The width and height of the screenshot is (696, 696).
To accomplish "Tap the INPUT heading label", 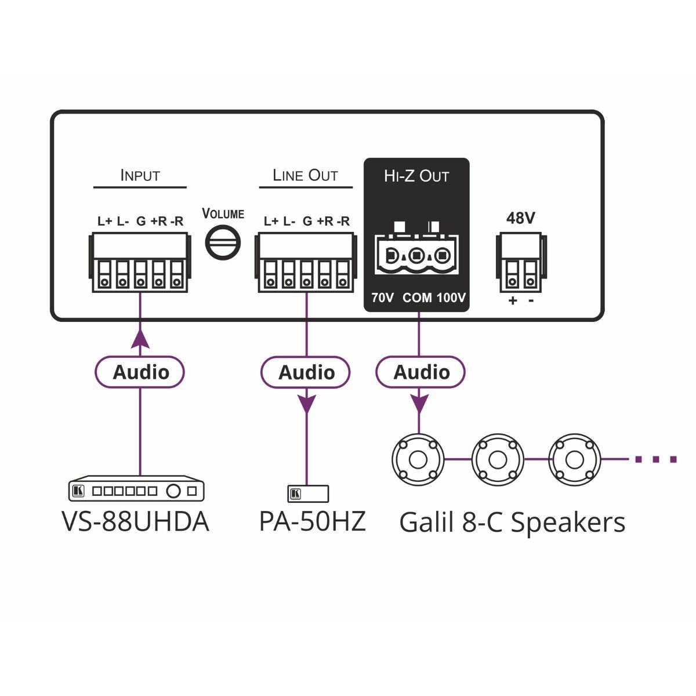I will click(140, 175).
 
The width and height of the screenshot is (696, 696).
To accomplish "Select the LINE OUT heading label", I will click(305, 175).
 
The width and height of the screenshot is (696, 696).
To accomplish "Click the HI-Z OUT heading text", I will click(416, 176).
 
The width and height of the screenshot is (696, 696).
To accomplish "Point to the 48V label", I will click(520, 218).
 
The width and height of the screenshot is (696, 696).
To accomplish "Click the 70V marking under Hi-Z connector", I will click(383, 298).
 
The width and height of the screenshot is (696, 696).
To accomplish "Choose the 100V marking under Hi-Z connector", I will click(451, 298).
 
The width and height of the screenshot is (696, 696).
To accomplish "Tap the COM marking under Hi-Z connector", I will click(417, 298).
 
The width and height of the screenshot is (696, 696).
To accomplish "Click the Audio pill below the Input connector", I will click(140, 372).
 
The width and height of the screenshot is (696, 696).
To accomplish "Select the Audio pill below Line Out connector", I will click(306, 372).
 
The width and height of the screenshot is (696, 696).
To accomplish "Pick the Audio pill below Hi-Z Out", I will click(420, 372).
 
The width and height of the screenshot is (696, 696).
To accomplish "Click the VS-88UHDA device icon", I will click(136, 490).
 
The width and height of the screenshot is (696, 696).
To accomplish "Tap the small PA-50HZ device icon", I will click(308, 494).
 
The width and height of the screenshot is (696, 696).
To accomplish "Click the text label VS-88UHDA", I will click(135, 521).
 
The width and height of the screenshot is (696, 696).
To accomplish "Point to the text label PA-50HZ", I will click(312, 521).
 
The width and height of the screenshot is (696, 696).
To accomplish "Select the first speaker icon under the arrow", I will click(418, 459).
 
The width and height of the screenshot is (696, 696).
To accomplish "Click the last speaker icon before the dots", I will click(575, 459).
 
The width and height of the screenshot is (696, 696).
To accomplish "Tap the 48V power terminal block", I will click(521, 263).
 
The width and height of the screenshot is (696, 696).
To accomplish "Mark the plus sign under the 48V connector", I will click(512, 301).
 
